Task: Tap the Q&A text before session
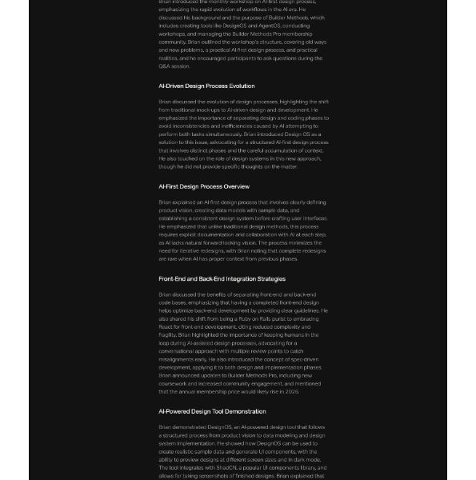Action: coord(166,66)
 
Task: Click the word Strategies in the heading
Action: coord(266,279)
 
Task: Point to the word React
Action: coord(166,326)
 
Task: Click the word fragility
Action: coord(169,334)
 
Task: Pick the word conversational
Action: coord(181,350)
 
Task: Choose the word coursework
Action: coord(174,382)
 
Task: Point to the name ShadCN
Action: coord(217,467)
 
